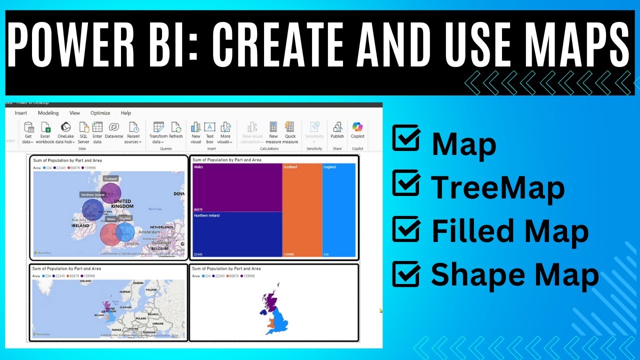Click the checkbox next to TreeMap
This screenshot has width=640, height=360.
pyautogui.click(x=405, y=183)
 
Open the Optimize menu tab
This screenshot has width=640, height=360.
pyautogui.click(x=100, y=113)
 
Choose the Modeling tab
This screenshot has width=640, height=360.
pyautogui.click(x=48, y=113)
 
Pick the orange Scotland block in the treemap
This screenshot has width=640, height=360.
pyautogui.click(x=302, y=210)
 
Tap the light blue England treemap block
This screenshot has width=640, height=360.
pyautogui.click(x=339, y=210)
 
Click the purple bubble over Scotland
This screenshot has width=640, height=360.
pyautogui.click(x=110, y=193)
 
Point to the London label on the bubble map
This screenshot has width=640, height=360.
pyautogui.click(x=132, y=243)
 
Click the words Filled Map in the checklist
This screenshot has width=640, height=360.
pyautogui.click(x=509, y=231)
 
